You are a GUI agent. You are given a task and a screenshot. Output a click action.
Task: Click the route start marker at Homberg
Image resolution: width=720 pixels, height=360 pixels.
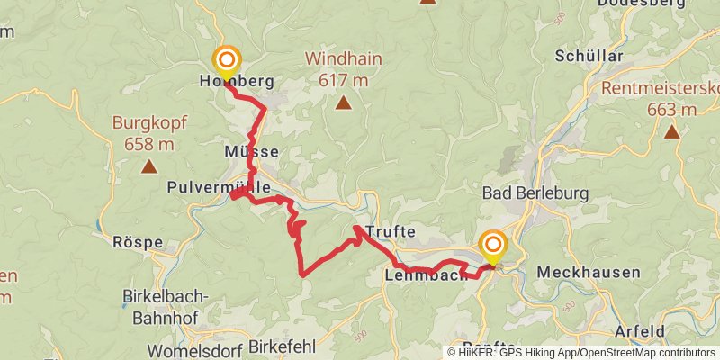tap(225, 61)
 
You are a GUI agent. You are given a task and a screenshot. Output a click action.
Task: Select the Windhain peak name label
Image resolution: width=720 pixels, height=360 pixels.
tap(343, 59)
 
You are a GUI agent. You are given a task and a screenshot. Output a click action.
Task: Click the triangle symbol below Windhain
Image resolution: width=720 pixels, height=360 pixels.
tap(343, 103)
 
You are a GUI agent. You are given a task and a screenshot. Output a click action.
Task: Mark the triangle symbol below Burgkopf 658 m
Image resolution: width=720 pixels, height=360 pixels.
tap(148, 166)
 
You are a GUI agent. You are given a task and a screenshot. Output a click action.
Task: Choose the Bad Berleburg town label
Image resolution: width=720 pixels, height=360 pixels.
tap(535, 193)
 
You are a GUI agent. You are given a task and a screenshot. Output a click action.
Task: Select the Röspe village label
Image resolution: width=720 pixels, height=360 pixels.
tap(138, 242)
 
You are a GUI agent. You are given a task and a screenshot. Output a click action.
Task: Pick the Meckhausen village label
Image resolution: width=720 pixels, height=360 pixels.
tap(588, 272)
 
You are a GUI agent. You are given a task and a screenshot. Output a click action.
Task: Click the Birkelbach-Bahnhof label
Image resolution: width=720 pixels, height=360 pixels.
tap(165, 307)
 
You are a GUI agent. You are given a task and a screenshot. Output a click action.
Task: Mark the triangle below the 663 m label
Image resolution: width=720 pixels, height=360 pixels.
tap(671, 132)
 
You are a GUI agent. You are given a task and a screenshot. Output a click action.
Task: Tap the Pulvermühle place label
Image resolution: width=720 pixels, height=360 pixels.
tap(219, 188)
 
